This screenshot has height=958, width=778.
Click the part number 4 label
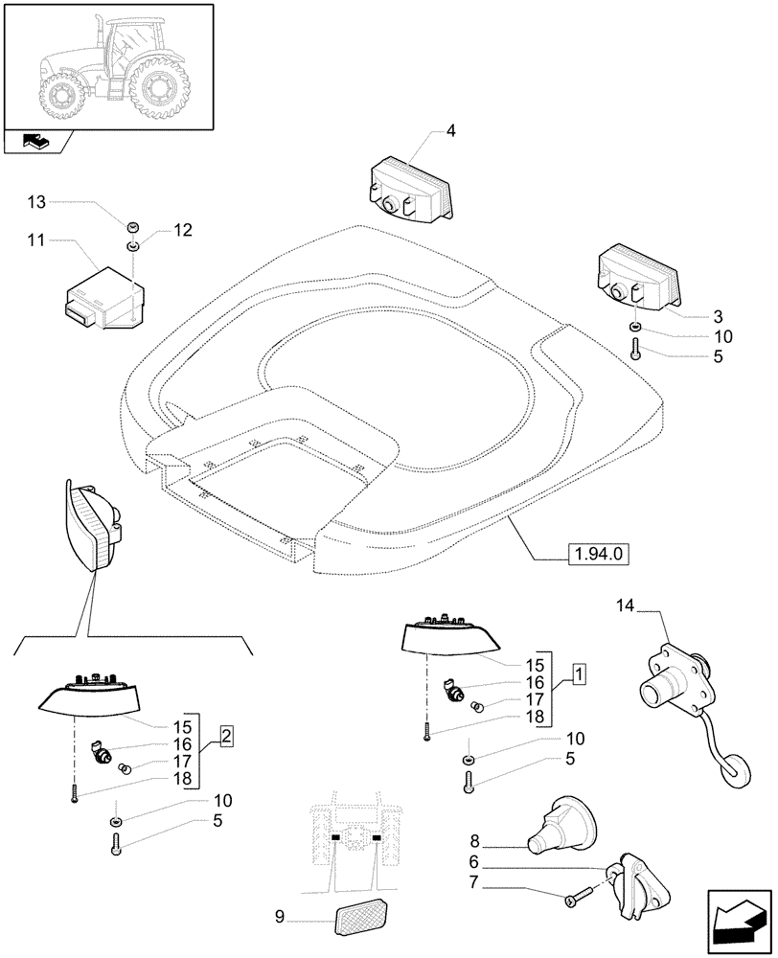[x=449, y=130]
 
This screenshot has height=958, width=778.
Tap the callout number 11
[x=37, y=239]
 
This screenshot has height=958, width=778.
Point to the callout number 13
[x=36, y=201]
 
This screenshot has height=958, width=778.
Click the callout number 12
[x=182, y=230]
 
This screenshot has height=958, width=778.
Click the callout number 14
[x=626, y=605]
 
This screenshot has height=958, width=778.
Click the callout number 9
[x=280, y=916]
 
